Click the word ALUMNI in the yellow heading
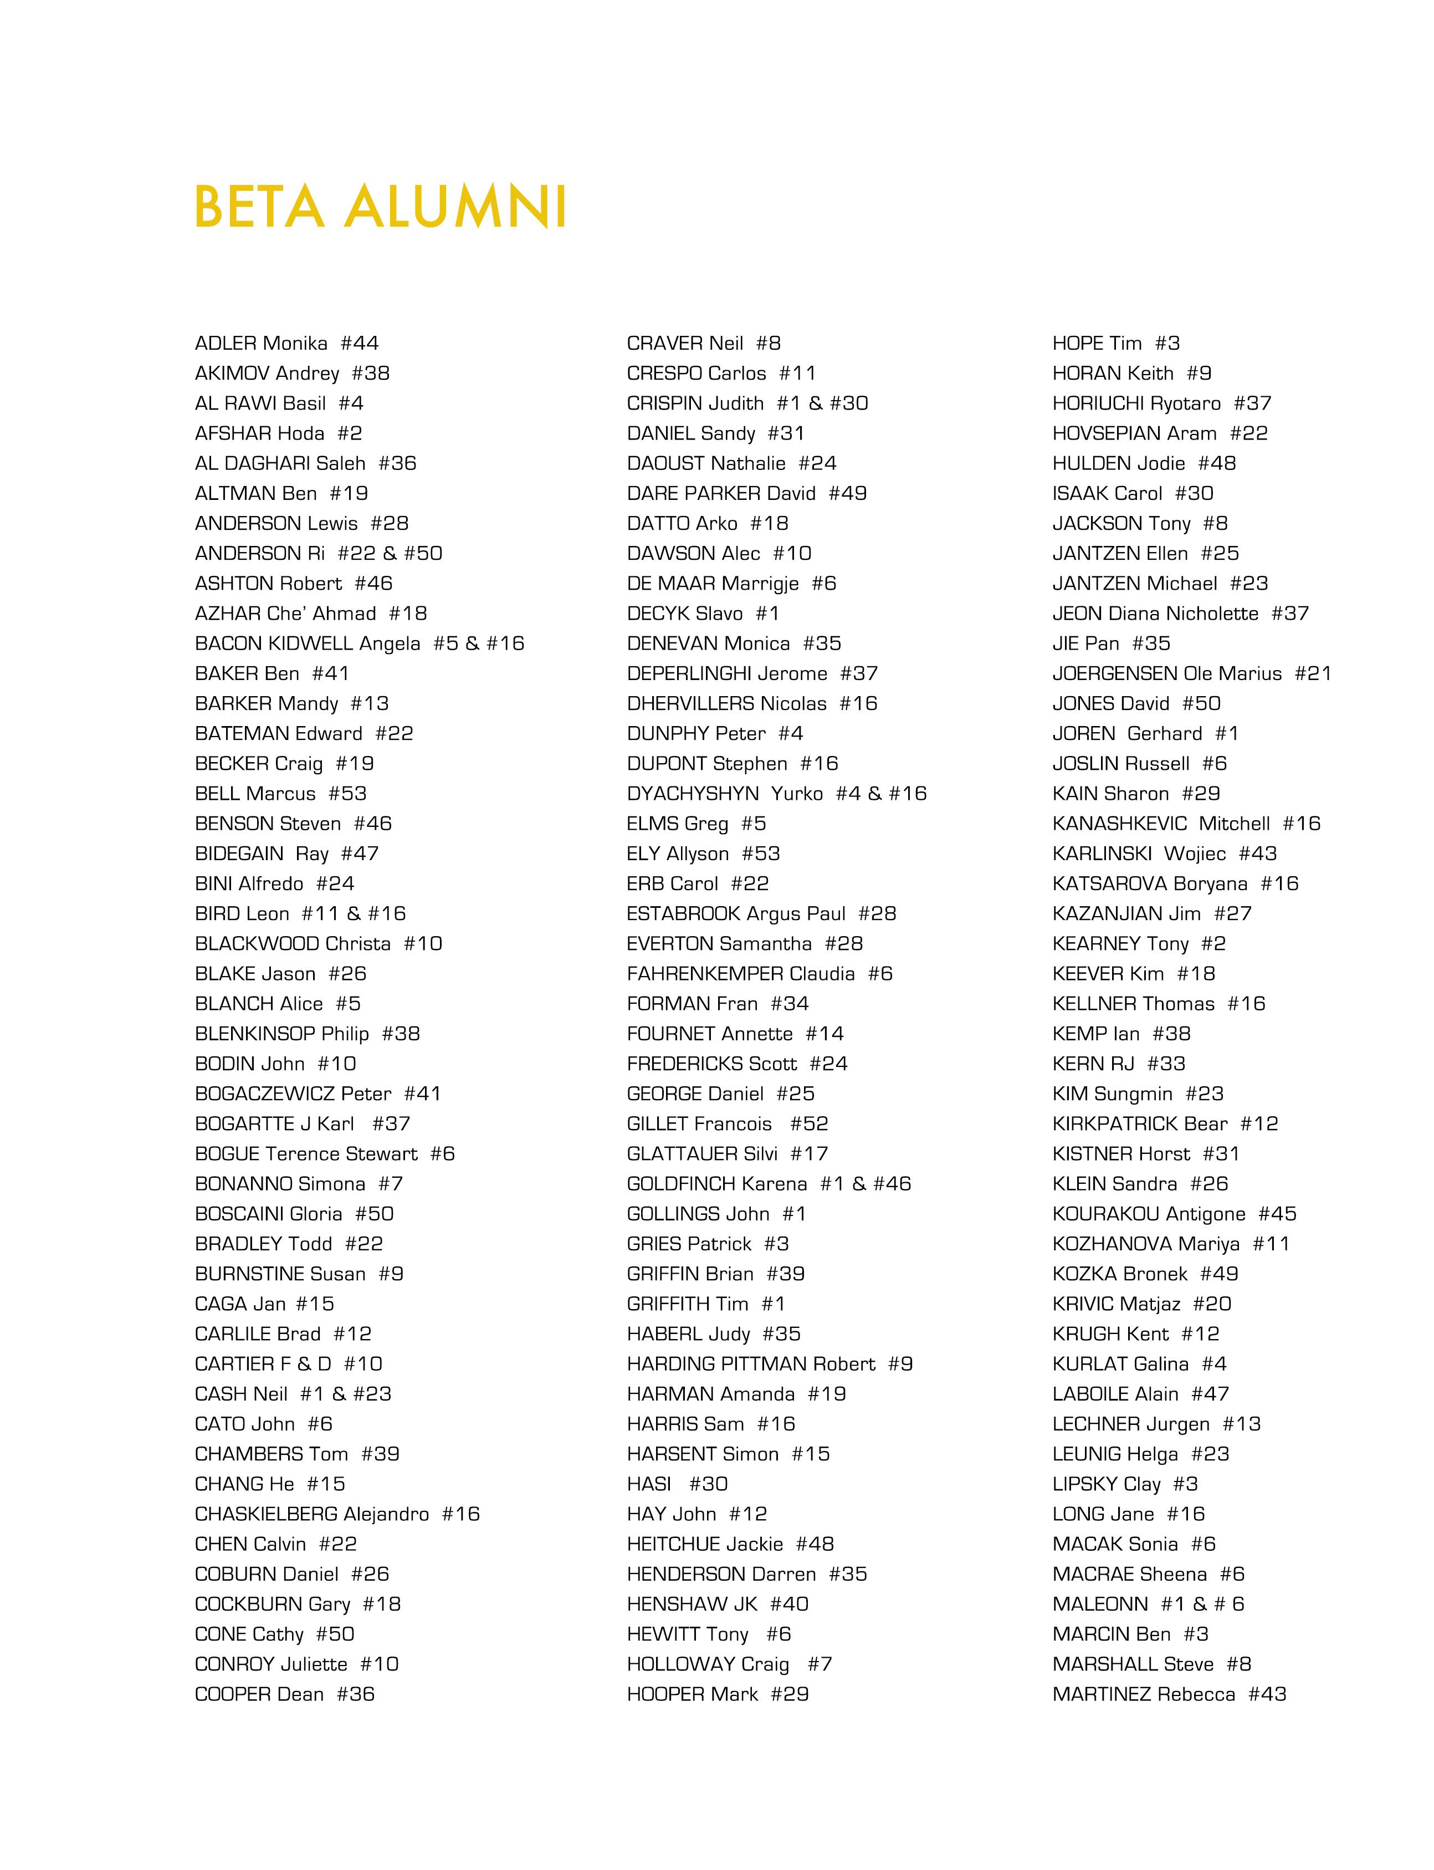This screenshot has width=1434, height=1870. point(456,207)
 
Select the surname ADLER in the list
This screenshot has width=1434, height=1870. point(226,343)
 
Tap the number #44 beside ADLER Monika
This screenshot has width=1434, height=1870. point(360,343)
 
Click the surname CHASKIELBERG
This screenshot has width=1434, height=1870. point(267,1514)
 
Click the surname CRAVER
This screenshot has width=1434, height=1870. point(660,343)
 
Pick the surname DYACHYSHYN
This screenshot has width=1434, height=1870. point(692,793)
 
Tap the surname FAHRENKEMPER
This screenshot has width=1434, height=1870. point(705,973)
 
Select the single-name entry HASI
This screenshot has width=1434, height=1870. point(649,1484)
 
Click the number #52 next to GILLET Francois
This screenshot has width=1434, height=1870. point(808,1123)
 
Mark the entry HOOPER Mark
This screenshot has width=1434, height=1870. point(692,1694)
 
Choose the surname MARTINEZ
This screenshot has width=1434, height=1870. point(1099,1694)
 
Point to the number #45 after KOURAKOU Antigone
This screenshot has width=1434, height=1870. point(1277,1213)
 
